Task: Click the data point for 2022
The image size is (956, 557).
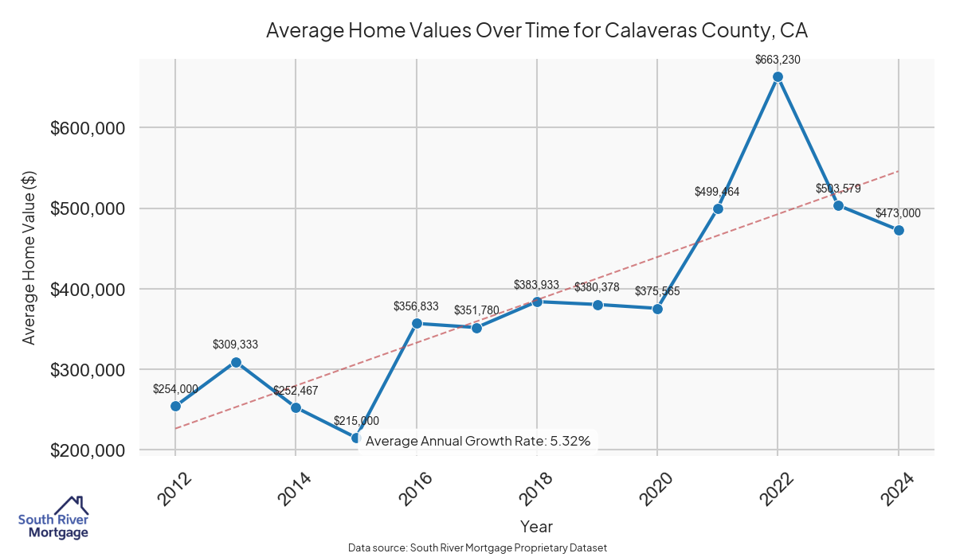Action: coord(778,76)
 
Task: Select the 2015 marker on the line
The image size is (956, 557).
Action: coord(356,438)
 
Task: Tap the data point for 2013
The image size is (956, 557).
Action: coord(236,362)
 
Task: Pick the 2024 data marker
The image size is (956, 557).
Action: coord(899,230)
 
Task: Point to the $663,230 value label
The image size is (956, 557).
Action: coord(778,59)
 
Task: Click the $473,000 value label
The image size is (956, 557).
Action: coord(898,213)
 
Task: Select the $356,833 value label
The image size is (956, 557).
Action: coord(416,306)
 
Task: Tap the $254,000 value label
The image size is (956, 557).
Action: coord(175,389)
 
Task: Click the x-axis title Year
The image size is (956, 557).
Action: coord(536,526)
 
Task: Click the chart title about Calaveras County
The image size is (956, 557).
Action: coord(536,31)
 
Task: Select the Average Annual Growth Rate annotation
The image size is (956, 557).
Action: coord(478,441)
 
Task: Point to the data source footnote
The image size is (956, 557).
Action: coord(478,547)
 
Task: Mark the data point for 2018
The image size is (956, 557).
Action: coord(537,302)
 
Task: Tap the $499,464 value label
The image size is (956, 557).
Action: coord(717,192)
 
